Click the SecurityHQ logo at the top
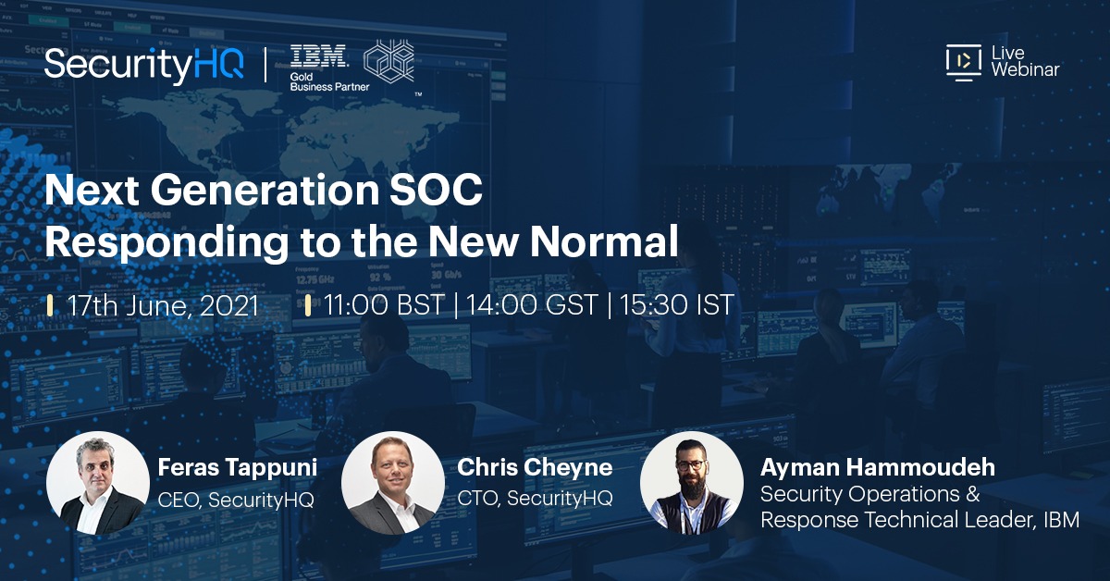tap(144, 65)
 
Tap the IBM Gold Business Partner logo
tap(319, 68)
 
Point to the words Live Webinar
tap(1024, 61)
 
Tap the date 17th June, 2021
tap(164, 305)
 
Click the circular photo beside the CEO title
tap(97, 482)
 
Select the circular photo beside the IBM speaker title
tap(691, 482)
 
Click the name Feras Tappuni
tap(238, 468)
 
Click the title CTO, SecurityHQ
tap(535, 500)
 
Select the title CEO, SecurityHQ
tap(236, 500)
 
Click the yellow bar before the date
tap(49, 305)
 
